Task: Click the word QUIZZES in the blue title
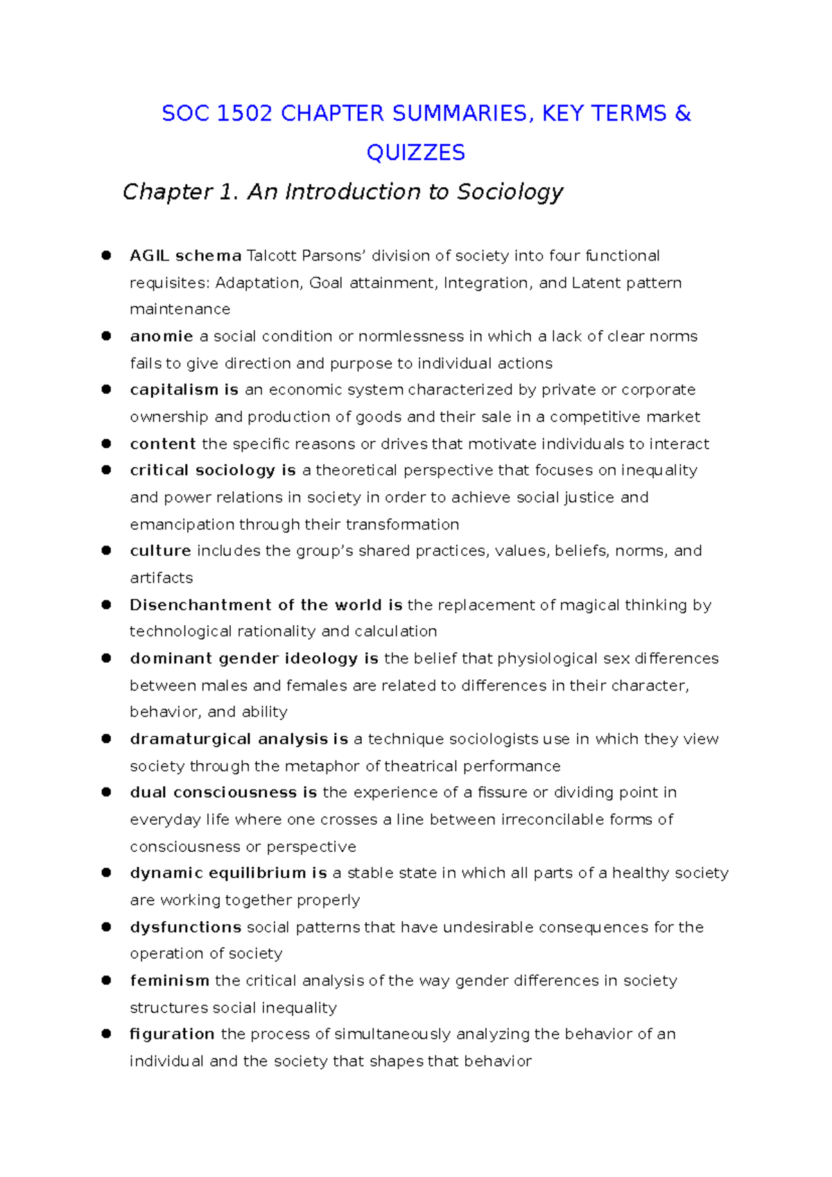[415, 152]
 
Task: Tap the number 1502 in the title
[244, 113]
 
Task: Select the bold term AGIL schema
[185, 256]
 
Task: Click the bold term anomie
[161, 336]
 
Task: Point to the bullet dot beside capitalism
[106, 390]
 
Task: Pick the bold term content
[163, 444]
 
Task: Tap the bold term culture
[160, 551]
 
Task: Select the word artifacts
[161, 578]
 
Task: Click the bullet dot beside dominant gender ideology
[106, 659]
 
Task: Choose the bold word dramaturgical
[190, 740]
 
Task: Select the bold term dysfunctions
[185, 927]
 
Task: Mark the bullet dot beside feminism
[106, 980]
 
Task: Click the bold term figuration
[172, 1034]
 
